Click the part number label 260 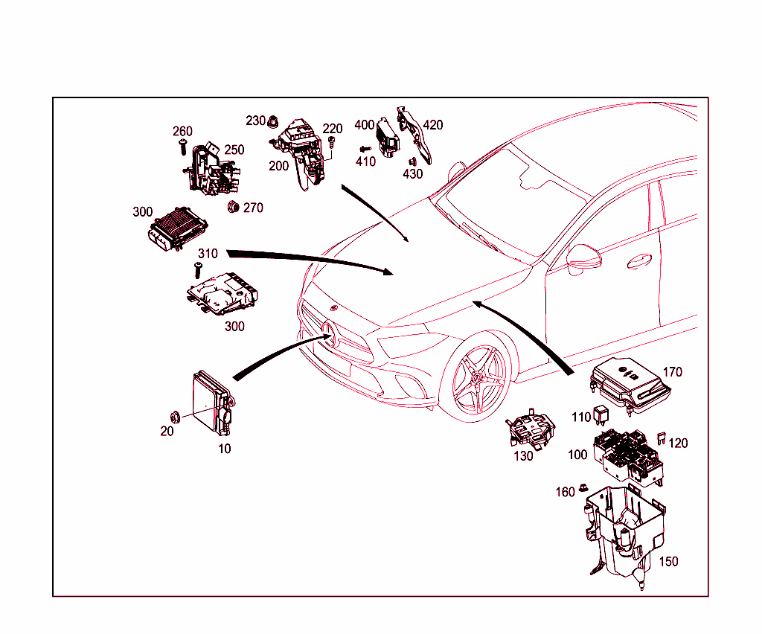183,132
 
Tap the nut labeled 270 231,206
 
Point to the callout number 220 332,129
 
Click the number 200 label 279,166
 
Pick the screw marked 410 362,149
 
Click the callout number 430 412,174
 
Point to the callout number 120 678,443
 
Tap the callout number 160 565,492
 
